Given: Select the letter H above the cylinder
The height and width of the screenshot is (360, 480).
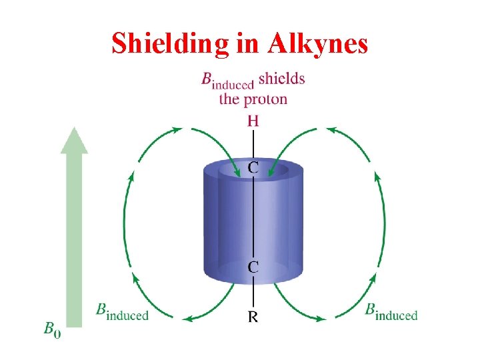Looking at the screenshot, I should click(253, 121).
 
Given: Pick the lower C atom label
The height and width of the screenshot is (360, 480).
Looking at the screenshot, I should click(254, 267).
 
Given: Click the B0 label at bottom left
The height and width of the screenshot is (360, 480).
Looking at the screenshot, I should click(52, 329).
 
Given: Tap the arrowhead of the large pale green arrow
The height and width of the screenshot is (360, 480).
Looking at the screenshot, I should click(74, 141).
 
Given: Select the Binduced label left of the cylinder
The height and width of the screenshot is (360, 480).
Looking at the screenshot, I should click(123, 311).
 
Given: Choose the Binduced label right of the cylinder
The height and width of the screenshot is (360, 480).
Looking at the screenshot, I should click(391, 311).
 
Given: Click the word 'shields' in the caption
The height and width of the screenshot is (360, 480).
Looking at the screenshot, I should click(281, 79).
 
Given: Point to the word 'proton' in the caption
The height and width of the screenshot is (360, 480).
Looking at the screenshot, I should click(263, 99).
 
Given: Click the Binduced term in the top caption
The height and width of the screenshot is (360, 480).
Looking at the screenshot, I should click(227, 80).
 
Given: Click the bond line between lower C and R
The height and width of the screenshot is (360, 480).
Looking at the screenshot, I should click(253, 293).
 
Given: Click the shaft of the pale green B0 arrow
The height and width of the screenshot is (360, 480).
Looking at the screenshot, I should click(74, 240).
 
